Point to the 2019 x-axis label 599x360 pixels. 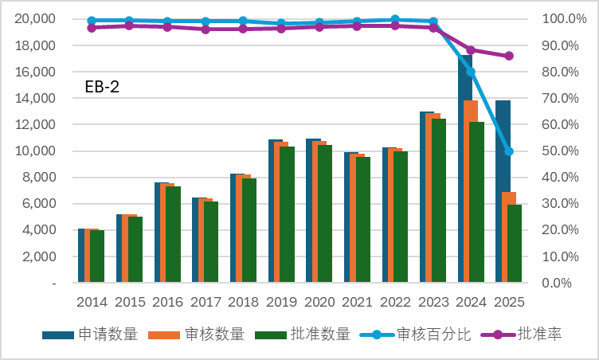281,302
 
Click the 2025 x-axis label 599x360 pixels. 509,302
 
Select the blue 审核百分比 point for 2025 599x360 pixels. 509,151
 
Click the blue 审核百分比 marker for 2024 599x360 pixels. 471,72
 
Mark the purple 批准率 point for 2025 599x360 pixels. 509,56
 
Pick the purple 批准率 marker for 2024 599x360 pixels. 471,50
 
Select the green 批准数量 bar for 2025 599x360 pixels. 515,243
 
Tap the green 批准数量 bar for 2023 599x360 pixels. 439,199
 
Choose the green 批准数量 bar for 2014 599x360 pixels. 97,256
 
